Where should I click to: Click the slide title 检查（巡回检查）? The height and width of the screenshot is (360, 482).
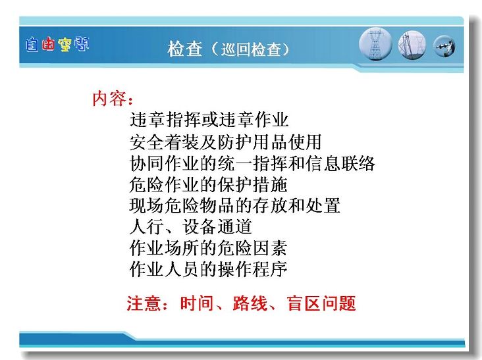click(x=228, y=49)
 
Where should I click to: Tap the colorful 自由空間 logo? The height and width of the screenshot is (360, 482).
click(x=57, y=45)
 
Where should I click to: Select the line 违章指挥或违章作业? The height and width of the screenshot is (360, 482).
click(x=209, y=120)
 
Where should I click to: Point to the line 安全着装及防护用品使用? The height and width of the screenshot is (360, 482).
click(x=225, y=141)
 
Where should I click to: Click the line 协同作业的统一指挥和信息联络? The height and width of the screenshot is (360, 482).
click(x=252, y=163)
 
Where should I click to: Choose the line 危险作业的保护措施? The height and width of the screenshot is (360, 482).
click(x=209, y=184)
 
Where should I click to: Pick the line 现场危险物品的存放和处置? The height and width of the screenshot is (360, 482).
click(x=235, y=205)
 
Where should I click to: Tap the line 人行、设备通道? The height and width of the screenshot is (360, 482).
click(x=190, y=226)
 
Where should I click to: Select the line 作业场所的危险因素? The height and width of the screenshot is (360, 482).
click(x=209, y=248)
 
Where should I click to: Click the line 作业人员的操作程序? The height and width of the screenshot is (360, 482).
click(x=209, y=269)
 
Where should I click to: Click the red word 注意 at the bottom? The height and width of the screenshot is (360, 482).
click(x=144, y=303)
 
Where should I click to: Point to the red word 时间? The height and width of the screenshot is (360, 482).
click(x=197, y=303)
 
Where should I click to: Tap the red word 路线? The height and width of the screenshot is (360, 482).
click(x=250, y=303)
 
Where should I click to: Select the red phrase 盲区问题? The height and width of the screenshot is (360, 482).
click(x=321, y=303)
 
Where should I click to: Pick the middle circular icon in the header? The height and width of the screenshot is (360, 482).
click(x=412, y=45)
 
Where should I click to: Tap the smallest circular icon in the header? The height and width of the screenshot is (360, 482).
click(x=444, y=47)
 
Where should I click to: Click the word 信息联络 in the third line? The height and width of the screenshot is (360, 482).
click(x=340, y=163)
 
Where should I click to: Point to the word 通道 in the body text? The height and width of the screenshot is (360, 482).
click(x=234, y=226)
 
